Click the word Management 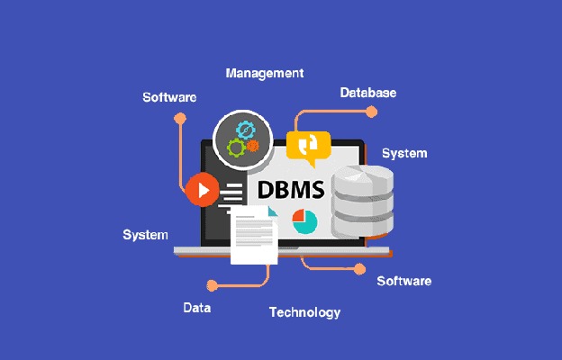click(265, 73)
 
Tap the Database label click(368, 93)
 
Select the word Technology click(304, 312)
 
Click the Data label click(197, 308)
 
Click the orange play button click(202, 190)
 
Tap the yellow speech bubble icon click(308, 145)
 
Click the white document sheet click(254, 235)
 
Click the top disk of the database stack click(363, 177)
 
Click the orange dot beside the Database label click(371, 112)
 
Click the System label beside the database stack click(404, 153)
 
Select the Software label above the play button click(169, 97)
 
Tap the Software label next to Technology click(403, 281)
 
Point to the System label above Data click(145, 235)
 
